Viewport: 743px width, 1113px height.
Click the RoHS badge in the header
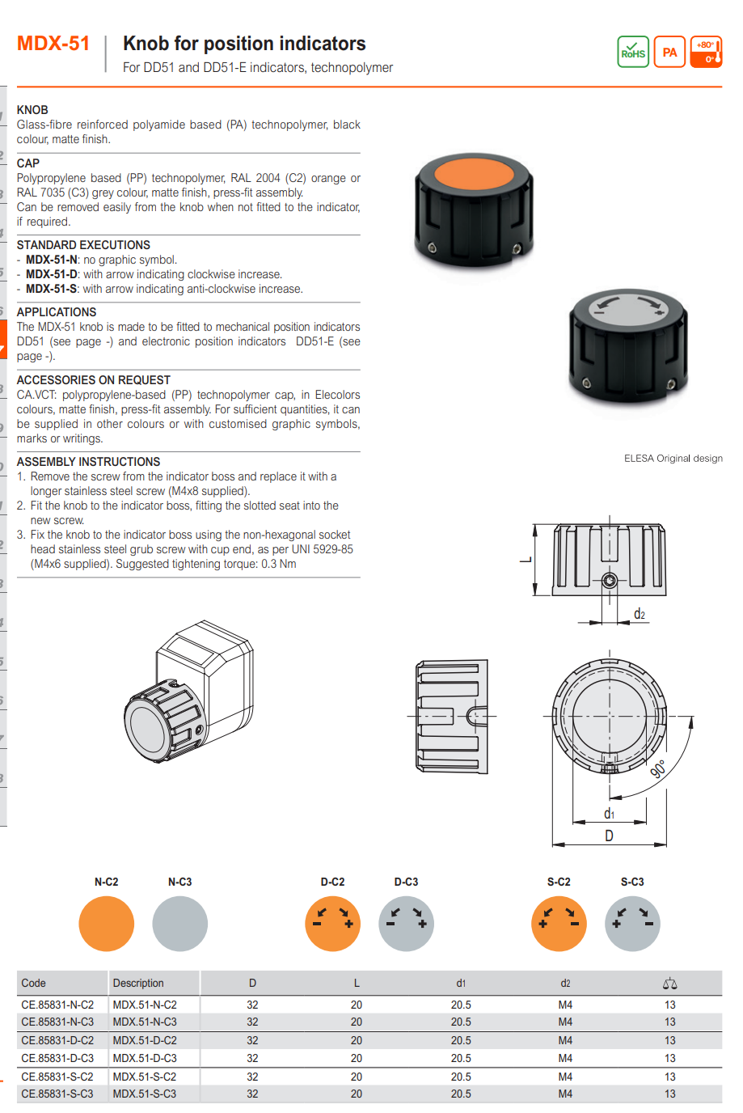tap(633, 52)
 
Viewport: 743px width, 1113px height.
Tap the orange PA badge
tap(669, 52)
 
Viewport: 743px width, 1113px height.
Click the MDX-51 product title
tap(53, 44)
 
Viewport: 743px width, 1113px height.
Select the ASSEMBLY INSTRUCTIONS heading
tap(88, 462)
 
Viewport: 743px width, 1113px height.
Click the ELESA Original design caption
tap(673, 459)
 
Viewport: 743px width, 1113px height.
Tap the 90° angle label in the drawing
tap(659, 768)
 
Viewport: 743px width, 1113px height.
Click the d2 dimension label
tap(639, 614)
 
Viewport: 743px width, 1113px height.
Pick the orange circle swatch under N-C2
tap(106, 924)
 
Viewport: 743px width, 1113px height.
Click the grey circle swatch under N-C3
tap(179, 924)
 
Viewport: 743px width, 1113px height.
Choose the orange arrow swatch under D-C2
tap(332, 924)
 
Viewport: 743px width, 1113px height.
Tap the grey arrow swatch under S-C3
tap(632, 924)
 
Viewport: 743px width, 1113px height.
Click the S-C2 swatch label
tap(559, 882)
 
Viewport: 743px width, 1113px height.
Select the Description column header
tap(138, 984)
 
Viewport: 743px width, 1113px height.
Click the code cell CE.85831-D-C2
tap(57, 1041)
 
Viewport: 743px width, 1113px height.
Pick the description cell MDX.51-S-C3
tap(145, 1094)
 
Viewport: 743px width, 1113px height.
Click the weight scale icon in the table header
tap(669, 984)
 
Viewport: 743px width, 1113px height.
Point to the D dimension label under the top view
tap(609, 836)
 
